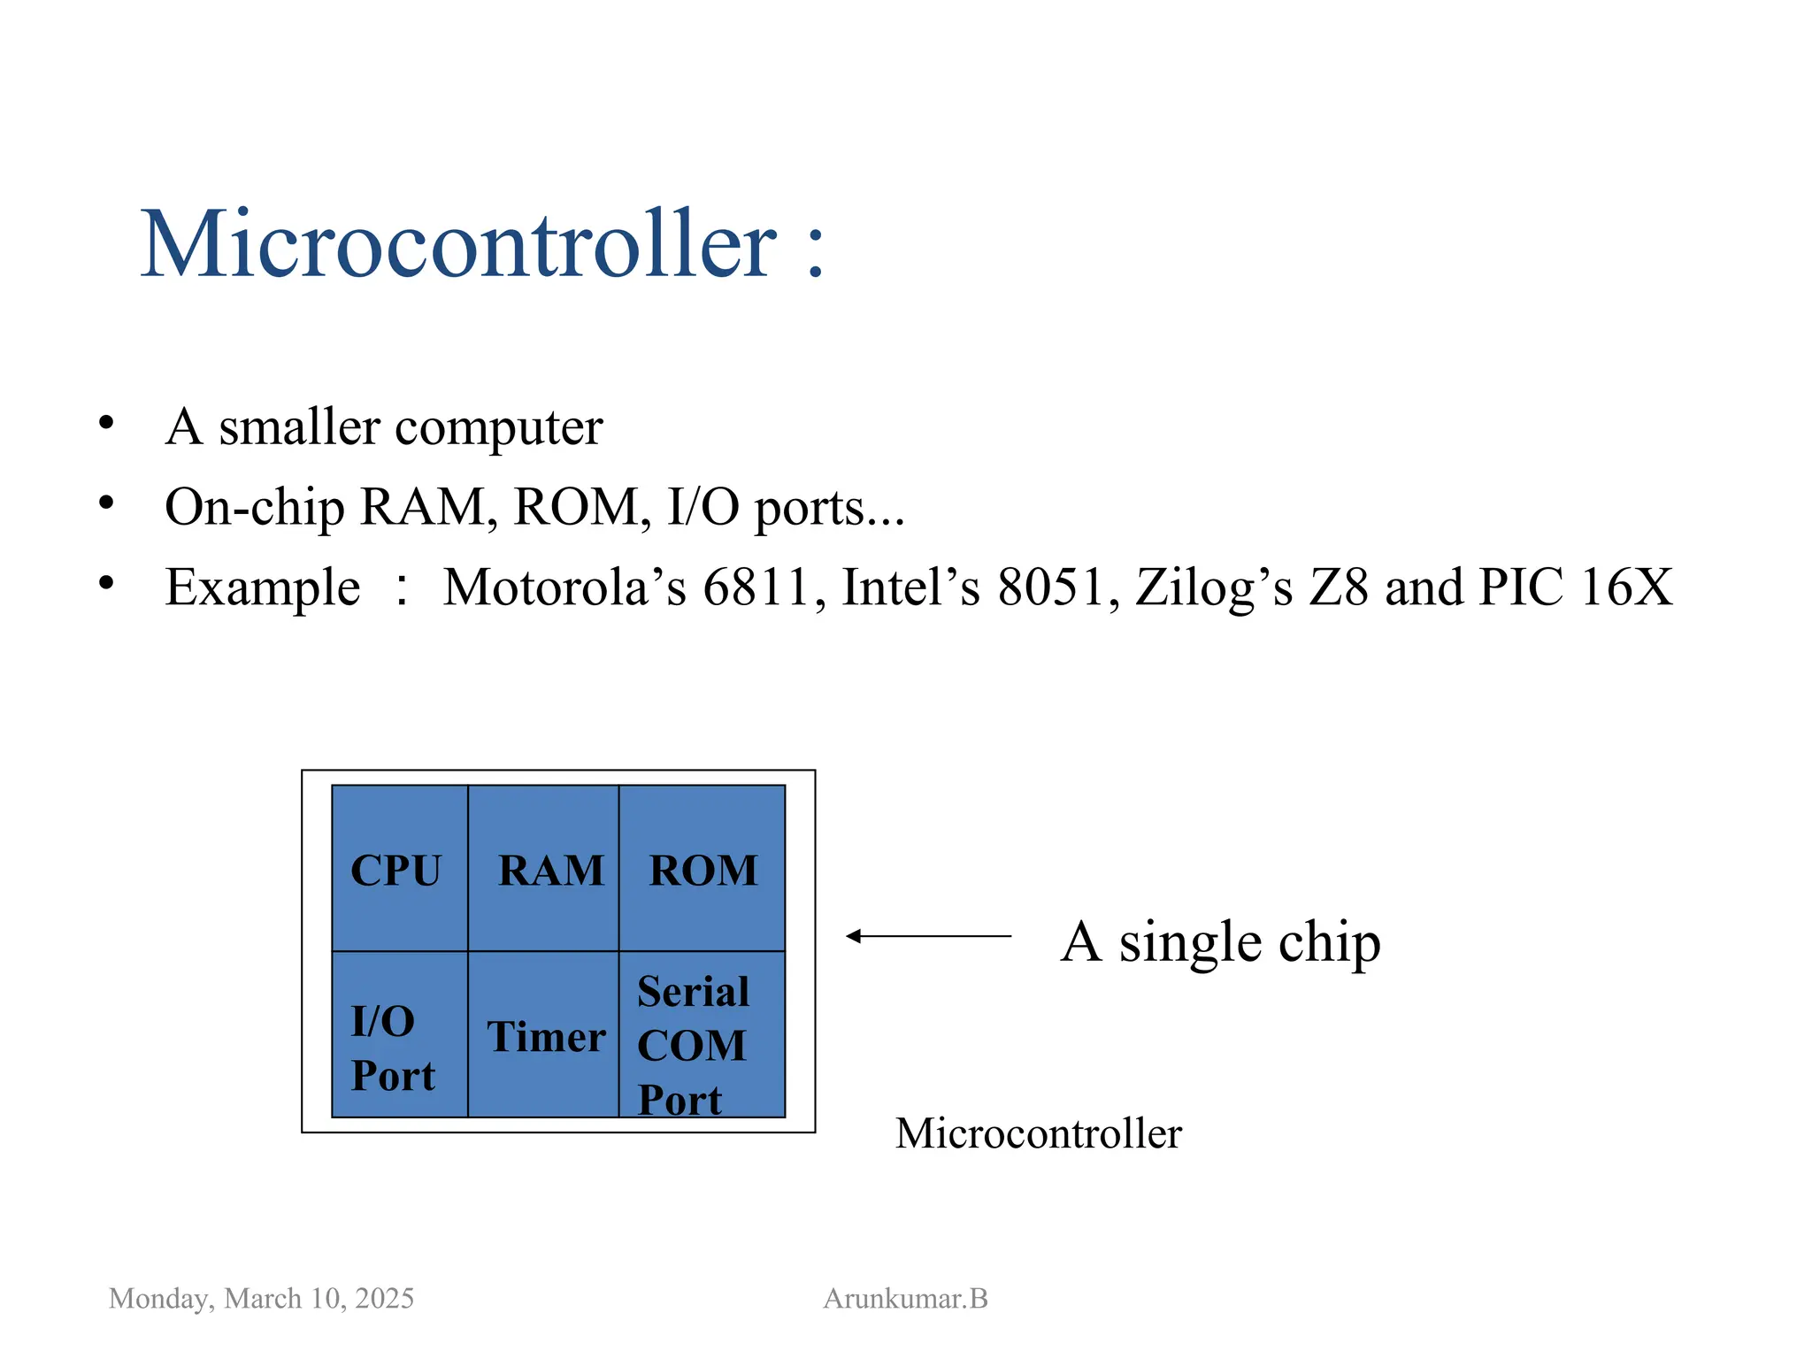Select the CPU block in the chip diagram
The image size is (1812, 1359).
(x=399, y=869)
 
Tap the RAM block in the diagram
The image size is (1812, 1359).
(x=543, y=869)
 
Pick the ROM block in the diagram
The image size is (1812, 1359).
(x=703, y=869)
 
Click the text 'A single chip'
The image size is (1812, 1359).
(x=1220, y=941)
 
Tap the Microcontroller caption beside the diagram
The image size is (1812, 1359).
(x=1038, y=1133)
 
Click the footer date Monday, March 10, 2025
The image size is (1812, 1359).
(x=261, y=1298)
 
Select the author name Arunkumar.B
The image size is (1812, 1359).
(x=905, y=1298)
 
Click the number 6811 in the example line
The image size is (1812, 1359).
(x=757, y=587)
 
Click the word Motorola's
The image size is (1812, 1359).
(x=564, y=587)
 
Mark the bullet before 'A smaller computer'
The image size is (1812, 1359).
(x=106, y=423)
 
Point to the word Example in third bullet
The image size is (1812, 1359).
(x=263, y=588)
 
